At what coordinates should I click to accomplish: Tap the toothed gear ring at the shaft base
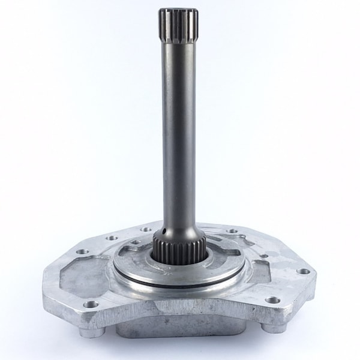pos(179,245)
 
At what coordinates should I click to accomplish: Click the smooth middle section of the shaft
pos(179,132)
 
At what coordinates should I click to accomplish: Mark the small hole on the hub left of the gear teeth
pos(137,243)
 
